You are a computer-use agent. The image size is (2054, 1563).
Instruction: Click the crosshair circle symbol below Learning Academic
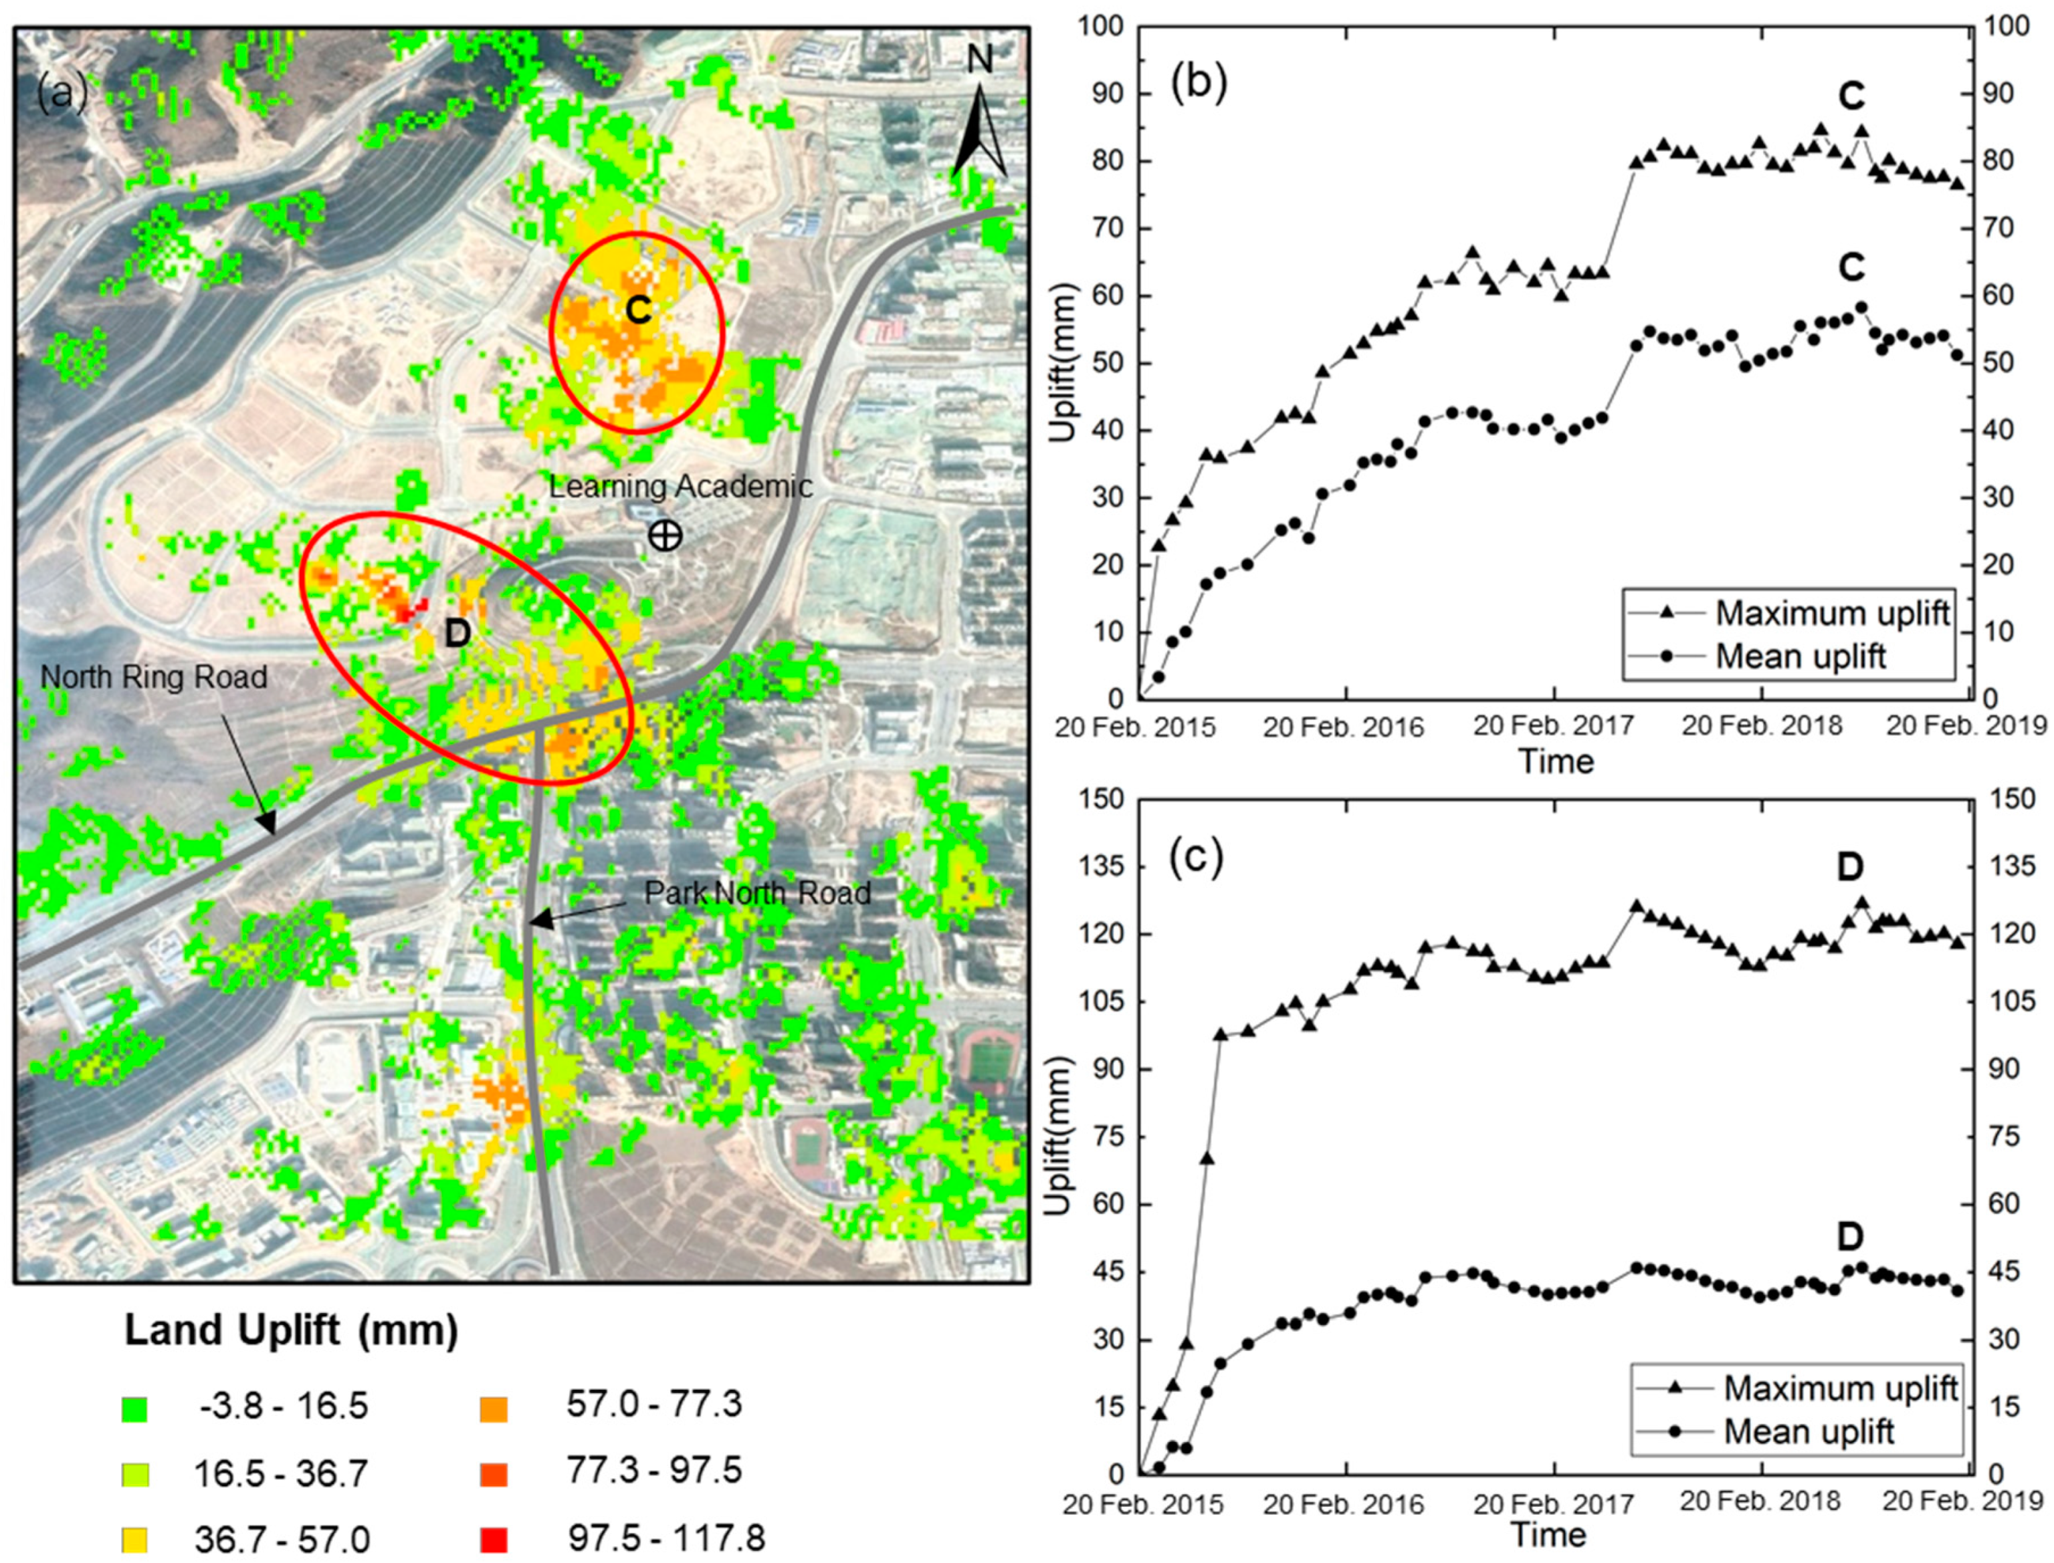pos(665,535)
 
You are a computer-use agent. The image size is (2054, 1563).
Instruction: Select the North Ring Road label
pos(154,677)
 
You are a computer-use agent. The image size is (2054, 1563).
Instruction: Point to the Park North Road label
pos(758,893)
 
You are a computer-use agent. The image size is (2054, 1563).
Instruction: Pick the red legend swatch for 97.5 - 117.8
pos(494,1540)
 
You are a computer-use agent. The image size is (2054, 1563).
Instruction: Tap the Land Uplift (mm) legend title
pos(292,1330)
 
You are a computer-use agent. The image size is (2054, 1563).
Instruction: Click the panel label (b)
pos(1200,84)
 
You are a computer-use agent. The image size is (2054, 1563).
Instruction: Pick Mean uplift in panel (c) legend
pos(1809,1431)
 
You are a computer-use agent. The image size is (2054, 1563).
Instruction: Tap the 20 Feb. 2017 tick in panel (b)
pos(1553,726)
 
